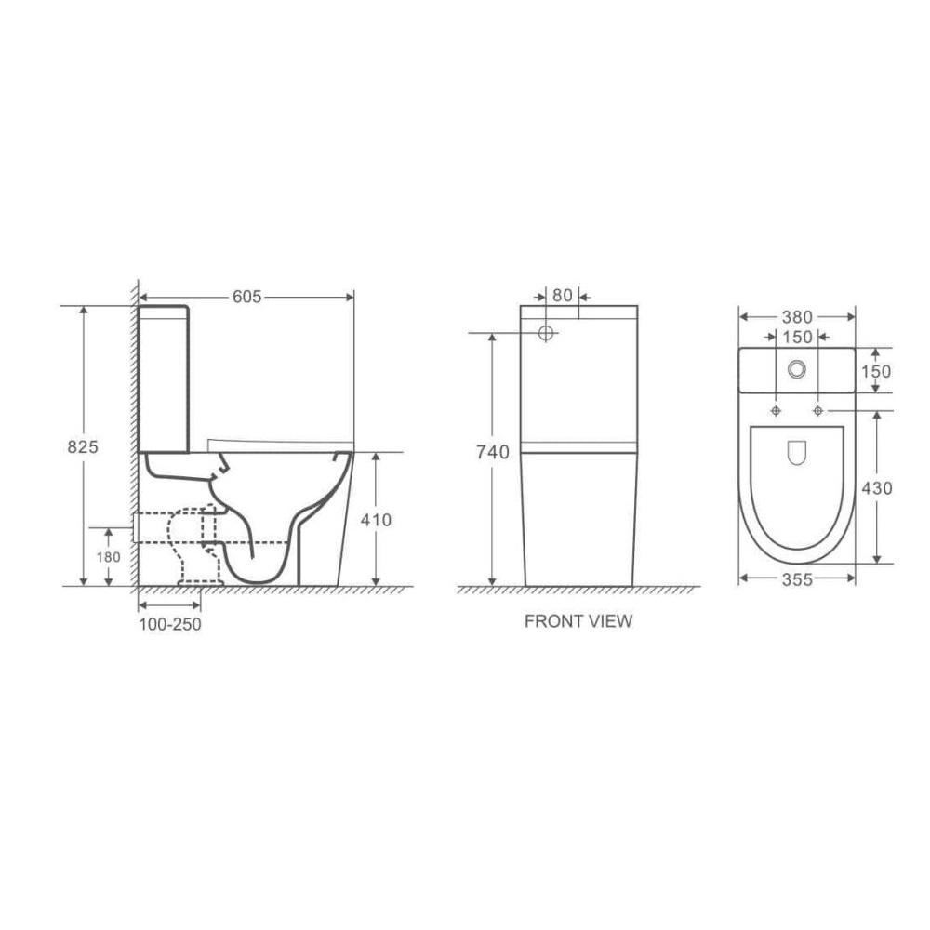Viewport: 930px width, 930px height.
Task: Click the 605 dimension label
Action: point(246,297)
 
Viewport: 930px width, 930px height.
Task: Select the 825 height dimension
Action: point(83,446)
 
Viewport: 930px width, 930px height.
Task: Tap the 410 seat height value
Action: point(376,520)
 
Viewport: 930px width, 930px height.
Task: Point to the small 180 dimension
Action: point(108,557)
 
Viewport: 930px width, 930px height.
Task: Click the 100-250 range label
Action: point(170,624)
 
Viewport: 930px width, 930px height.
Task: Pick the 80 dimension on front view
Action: point(563,295)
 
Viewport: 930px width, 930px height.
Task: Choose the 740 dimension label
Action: point(493,453)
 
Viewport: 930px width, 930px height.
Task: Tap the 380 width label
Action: point(797,317)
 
